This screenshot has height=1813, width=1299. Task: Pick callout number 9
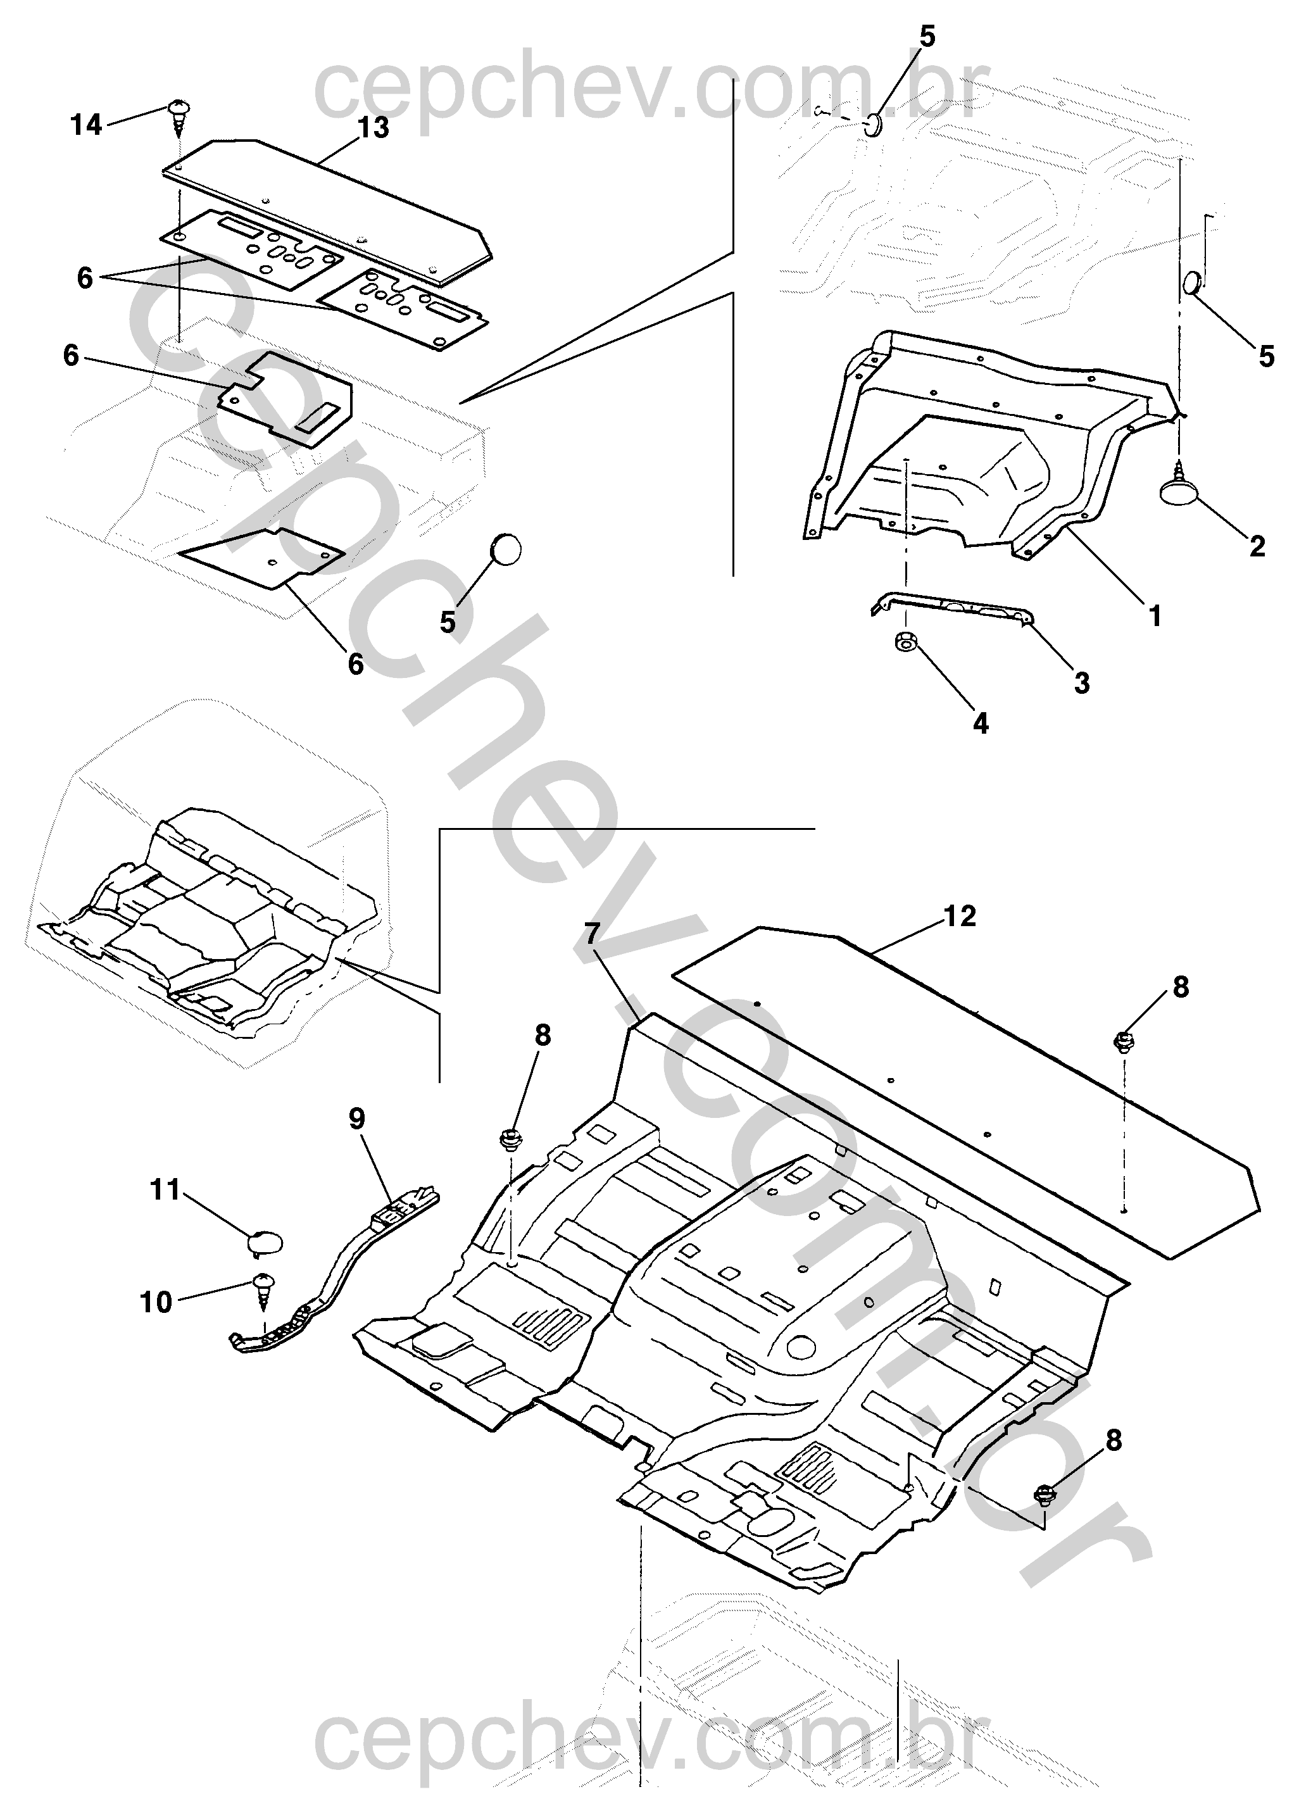point(356,1119)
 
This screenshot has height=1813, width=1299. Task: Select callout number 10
point(157,1303)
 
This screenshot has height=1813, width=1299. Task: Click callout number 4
point(981,724)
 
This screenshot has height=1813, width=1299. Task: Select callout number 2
point(1257,547)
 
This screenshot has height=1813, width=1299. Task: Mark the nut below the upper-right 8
point(1122,1041)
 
